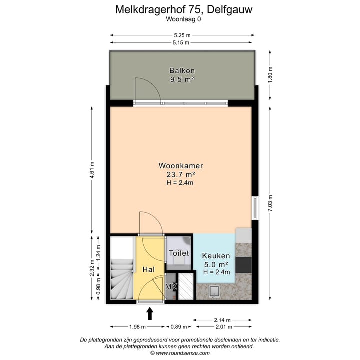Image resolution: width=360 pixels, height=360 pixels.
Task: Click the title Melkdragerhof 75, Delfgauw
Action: (x=180, y=9)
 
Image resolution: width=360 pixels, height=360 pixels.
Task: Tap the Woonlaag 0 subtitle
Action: (x=180, y=20)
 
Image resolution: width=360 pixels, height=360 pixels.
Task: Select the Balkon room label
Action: (x=182, y=71)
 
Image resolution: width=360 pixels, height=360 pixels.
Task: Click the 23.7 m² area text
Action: (x=180, y=174)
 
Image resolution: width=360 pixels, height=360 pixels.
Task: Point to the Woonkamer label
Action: (x=180, y=166)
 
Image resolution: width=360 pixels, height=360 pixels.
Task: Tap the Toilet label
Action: (x=179, y=253)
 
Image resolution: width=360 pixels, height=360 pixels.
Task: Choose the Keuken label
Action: (x=216, y=256)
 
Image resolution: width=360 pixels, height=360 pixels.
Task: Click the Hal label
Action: (x=148, y=269)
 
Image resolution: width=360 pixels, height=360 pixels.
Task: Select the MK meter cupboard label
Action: (x=171, y=287)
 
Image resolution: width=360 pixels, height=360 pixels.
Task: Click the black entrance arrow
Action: (x=149, y=313)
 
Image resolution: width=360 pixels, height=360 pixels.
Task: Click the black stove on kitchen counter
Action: (x=244, y=263)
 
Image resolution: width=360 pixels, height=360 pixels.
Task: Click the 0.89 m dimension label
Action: (x=178, y=327)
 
